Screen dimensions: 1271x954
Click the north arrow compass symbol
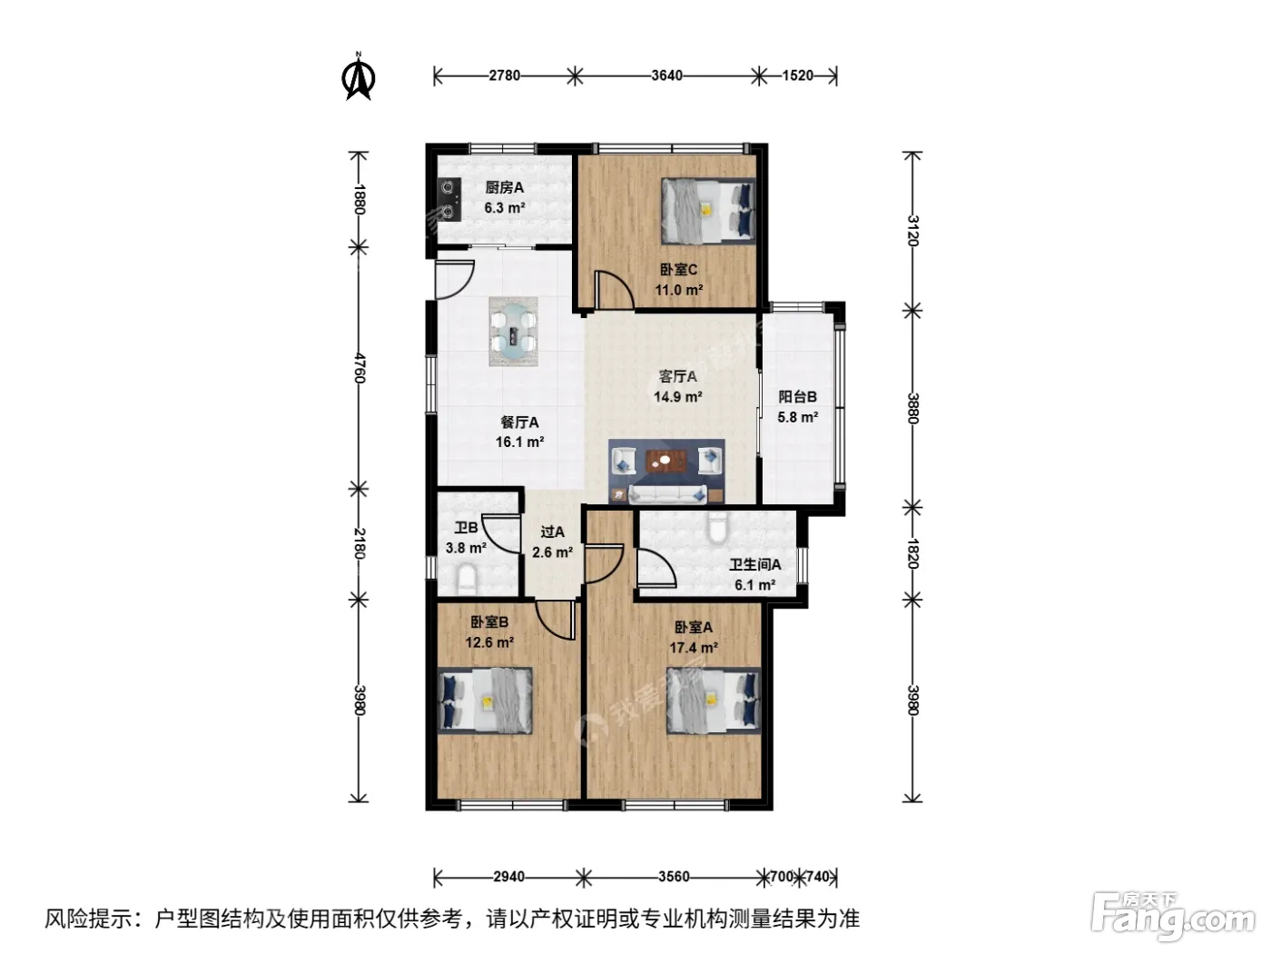[x=359, y=76]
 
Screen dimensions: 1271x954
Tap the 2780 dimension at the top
[x=504, y=75]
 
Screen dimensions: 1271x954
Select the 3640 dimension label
[x=666, y=75]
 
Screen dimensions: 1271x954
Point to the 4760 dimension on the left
[x=359, y=368]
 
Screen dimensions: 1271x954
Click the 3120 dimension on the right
[x=912, y=231]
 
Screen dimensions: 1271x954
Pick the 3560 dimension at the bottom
[x=674, y=877]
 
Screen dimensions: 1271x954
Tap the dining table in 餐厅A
[x=513, y=332]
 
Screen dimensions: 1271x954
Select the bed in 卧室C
[x=708, y=210]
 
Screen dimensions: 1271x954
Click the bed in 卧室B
[x=485, y=701]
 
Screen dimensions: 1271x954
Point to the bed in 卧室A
[x=714, y=701]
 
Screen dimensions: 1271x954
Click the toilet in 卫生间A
[x=717, y=527]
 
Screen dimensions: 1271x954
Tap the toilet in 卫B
[x=467, y=580]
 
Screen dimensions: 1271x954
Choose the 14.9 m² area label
[x=678, y=397]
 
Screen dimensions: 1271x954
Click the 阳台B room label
[x=797, y=397]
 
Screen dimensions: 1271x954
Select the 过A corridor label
[x=552, y=532]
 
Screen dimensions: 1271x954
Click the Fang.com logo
[x=1172, y=917]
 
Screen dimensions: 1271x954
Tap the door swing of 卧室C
[x=615, y=290]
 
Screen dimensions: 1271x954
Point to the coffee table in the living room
[x=665, y=462]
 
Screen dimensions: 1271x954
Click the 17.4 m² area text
[x=694, y=648]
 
